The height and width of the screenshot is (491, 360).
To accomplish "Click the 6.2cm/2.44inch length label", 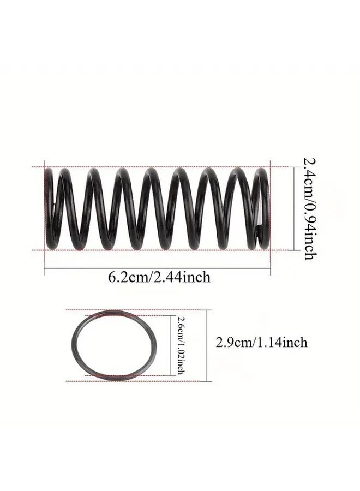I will click(159, 277).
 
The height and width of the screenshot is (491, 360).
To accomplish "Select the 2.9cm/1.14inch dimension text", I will click(261, 343).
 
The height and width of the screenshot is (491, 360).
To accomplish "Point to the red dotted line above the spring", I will click(164, 166).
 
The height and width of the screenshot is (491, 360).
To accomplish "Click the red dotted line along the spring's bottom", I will click(164, 250).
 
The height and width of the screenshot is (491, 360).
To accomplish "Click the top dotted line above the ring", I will click(136, 310).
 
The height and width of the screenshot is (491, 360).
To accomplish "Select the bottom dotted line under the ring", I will click(136, 381).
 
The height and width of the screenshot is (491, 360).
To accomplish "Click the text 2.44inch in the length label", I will click(183, 277).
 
